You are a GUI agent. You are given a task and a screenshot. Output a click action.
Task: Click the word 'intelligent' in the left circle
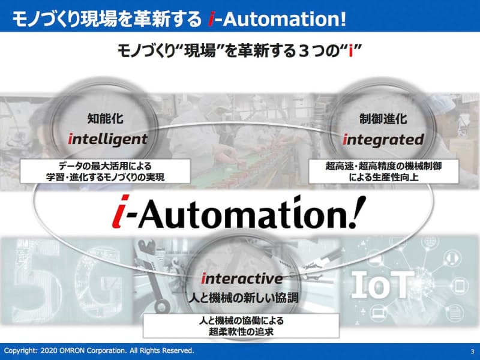click(x=107, y=139)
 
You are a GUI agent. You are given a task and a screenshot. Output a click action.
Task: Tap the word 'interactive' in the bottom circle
click(x=242, y=278)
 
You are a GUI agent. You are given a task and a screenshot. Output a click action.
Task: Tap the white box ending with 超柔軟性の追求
click(x=239, y=325)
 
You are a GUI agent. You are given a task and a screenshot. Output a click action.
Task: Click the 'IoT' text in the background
click(x=385, y=281)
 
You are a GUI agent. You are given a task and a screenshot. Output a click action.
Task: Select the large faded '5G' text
click(x=36, y=273)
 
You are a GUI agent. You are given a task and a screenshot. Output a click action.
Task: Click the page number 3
click(x=472, y=350)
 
